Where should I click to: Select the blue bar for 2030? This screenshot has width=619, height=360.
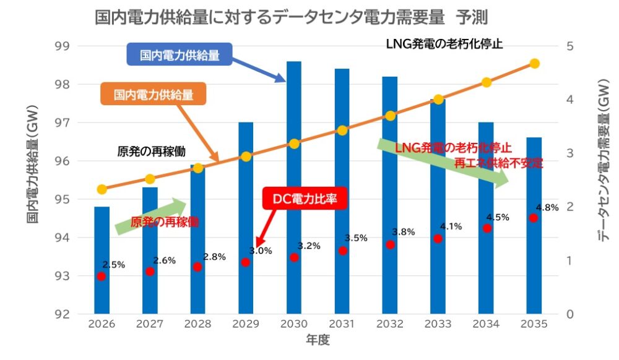click(x=294, y=186)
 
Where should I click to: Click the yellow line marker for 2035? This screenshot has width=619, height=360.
click(x=535, y=64)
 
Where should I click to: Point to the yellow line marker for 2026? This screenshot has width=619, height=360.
click(x=102, y=189)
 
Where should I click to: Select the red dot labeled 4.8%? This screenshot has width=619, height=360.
click(x=534, y=218)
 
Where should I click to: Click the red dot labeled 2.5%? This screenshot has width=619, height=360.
click(x=102, y=276)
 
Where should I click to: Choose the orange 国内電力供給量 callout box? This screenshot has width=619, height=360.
click(x=154, y=95)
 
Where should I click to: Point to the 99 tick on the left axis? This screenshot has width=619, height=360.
click(x=62, y=46)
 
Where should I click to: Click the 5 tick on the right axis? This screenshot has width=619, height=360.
click(x=570, y=46)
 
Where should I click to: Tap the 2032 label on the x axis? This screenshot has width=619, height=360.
click(x=390, y=325)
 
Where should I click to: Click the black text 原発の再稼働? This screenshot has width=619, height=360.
click(x=151, y=150)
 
